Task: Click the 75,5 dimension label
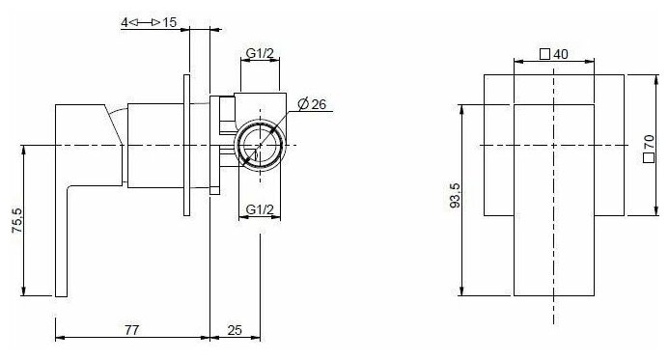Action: pyautogui.click(x=17, y=220)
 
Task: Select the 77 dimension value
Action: pyautogui.click(x=132, y=330)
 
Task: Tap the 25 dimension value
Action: pyautogui.click(x=235, y=330)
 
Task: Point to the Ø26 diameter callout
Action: pyautogui.click(x=312, y=104)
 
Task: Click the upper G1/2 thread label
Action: pyautogui.click(x=260, y=53)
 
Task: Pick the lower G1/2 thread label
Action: pyautogui.click(x=260, y=209)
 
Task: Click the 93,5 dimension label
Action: pyautogui.click(x=456, y=195)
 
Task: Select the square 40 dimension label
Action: pyautogui.click(x=554, y=54)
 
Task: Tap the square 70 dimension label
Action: pyautogui.click(x=649, y=148)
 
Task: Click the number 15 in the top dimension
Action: pyautogui.click(x=169, y=22)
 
